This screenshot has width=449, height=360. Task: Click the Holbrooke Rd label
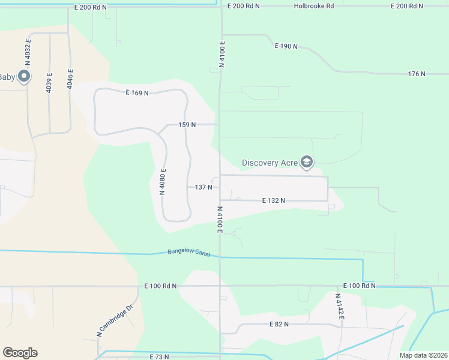(313, 6)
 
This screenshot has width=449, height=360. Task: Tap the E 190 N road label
(286, 46)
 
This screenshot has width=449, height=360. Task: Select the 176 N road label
(416, 74)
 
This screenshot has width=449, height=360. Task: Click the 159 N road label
(187, 125)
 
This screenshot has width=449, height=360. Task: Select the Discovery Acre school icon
(307, 162)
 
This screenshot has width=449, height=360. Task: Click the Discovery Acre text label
(270, 163)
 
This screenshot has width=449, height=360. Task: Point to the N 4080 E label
(163, 182)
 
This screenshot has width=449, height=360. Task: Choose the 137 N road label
(203, 187)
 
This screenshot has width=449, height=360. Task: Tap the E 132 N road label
(274, 200)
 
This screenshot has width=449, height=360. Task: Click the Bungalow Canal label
(188, 253)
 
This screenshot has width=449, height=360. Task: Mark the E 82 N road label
(279, 324)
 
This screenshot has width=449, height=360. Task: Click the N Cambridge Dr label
(114, 323)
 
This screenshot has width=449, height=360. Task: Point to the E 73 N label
(159, 356)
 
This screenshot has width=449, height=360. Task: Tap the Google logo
(20, 353)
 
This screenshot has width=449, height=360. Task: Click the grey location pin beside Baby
(24, 76)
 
